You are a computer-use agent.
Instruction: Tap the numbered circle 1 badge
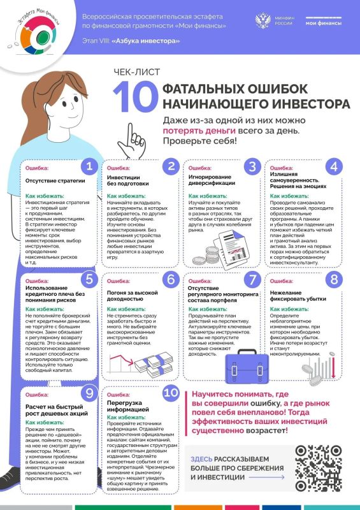click(x=89, y=167)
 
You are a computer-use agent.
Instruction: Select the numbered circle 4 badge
click(x=333, y=167)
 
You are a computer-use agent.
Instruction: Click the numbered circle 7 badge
click(x=253, y=280)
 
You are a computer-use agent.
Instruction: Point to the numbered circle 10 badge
click(x=171, y=393)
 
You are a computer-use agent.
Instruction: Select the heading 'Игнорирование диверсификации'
click(x=212, y=180)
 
